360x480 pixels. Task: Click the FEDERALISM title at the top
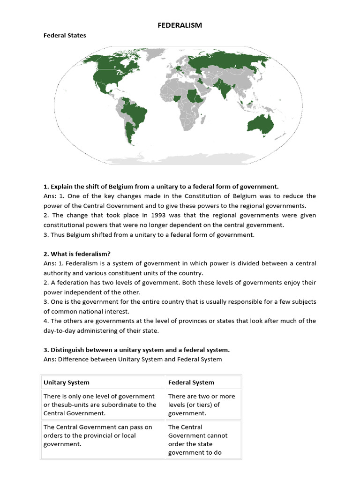pyautogui.click(x=180, y=25)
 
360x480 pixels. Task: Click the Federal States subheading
pyautogui.click(x=65, y=36)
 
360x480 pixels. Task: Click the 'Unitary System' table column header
pyautogui.click(x=66, y=382)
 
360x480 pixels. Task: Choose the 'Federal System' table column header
pyautogui.click(x=191, y=382)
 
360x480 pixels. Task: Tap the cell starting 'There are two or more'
pyautogui.click(x=202, y=405)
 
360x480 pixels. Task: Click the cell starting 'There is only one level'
pyautogui.click(x=100, y=405)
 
